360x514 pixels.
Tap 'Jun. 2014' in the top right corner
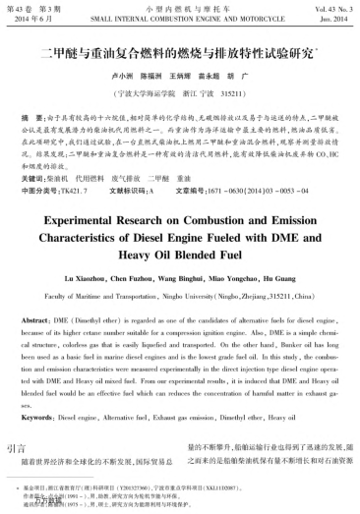(330, 19)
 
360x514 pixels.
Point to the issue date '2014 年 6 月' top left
(34, 19)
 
